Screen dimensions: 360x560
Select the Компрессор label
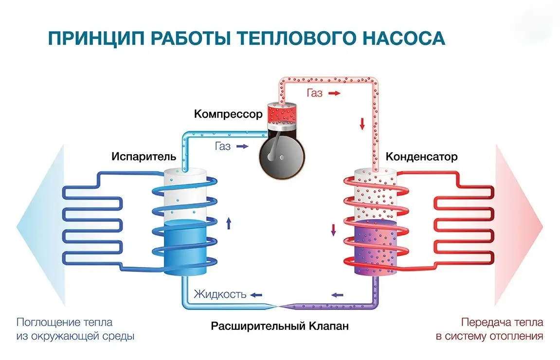(x=228, y=114)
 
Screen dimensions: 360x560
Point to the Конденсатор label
(x=422, y=157)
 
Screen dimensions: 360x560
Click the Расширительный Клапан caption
(x=280, y=325)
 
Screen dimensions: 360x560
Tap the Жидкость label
(x=220, y=294)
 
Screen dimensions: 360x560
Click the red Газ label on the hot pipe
(x=314, y=93)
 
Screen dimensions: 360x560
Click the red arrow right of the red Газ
(x=334, y=93)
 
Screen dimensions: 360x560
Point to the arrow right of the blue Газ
(x=242, y=146)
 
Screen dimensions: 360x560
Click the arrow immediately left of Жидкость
(x=256, y=295)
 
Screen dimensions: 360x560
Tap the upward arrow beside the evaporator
(x=229, y=224)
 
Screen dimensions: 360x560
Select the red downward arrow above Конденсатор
(x=362, y=124)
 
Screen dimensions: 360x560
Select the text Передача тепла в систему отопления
(x=502, y=329)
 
